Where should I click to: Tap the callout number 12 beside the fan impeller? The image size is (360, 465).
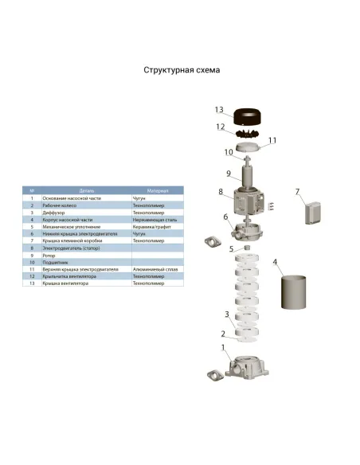(x=221, y=126)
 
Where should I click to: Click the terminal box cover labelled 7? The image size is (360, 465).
(x=310, y=212)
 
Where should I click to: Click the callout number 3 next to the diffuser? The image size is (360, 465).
(x=227, y=314)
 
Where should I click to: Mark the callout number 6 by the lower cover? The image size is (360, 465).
(x=225, y=217)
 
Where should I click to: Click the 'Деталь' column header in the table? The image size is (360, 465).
(x=76, y=191)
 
